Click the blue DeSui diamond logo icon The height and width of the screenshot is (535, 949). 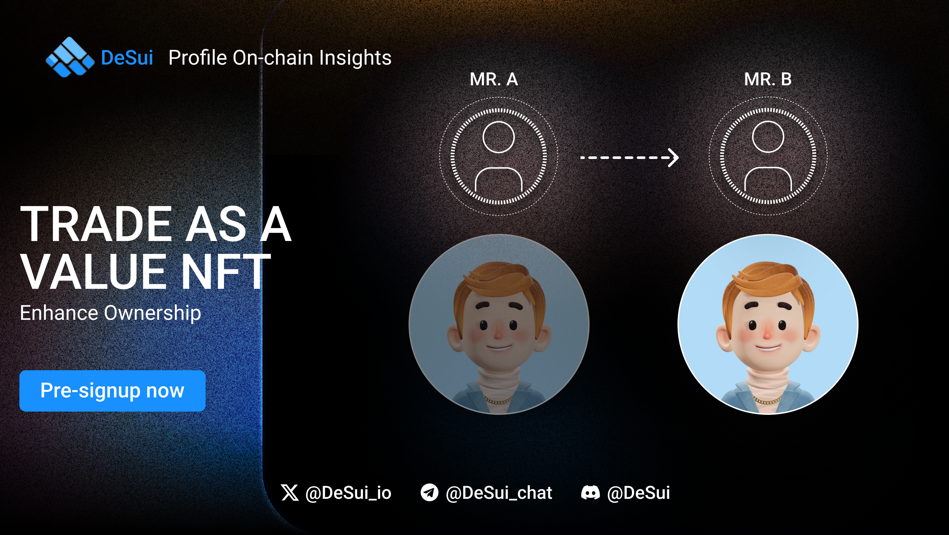click(70, 57)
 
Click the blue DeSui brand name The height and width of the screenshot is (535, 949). click(127, 58)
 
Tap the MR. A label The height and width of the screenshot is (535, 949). click(494, 79)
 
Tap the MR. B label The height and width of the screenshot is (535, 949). click(768, 79)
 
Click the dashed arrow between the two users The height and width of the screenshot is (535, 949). click(630, 158)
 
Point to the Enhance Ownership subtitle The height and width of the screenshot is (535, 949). click(111, 313)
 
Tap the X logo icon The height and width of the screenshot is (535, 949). click(290, 493)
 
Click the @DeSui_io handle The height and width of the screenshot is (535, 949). click(348, 493)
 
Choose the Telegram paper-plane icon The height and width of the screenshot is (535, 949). click(430, 493)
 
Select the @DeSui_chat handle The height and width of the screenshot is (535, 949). click(499, 493)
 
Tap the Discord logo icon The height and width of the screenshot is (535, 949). click(591, 493)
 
